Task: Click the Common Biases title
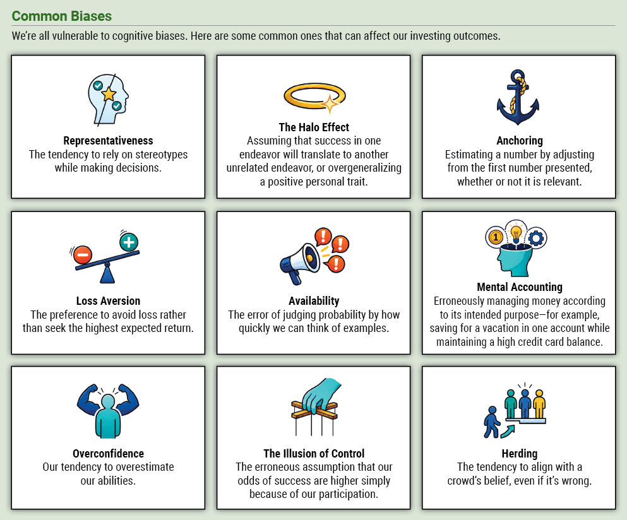point(62,16)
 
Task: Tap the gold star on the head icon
point(109,94)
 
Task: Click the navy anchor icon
point(518,98)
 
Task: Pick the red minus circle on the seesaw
point(83,254)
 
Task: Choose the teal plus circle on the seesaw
point(129,242)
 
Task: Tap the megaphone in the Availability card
point(300,263)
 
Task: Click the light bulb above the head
point(516,233)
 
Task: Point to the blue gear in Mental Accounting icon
point(536,239)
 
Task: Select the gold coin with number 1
point(496,237)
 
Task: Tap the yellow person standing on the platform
point(539,404)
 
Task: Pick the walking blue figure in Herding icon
point(492,422)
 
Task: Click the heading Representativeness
point(108,141)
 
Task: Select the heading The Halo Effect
point(314,127)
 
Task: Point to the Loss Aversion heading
point(108,300)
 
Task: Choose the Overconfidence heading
point(108,453)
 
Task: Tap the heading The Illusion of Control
point(314,453)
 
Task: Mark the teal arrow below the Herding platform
point(508,431)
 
